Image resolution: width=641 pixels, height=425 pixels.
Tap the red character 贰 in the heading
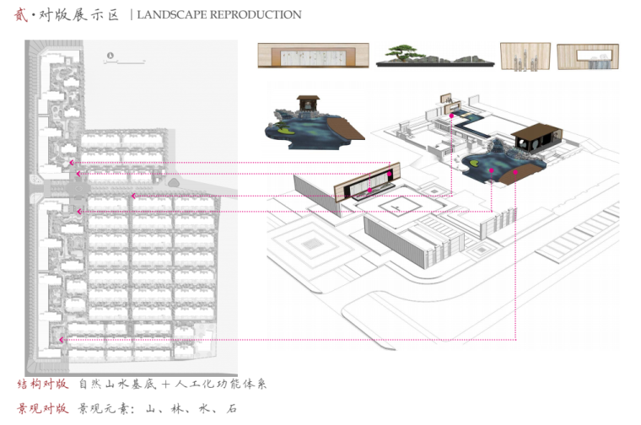click(22, 14)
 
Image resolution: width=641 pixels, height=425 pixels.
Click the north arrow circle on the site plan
click(110, 56)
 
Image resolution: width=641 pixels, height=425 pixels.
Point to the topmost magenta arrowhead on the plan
click(73, 162)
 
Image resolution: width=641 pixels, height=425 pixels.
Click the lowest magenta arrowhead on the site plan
click(62, 340)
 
